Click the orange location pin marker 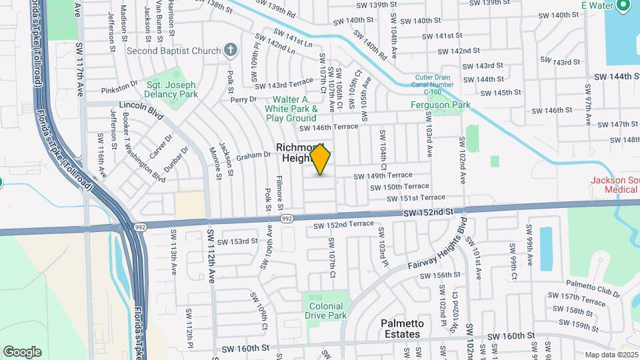point(321,159)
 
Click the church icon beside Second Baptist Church point(230,49)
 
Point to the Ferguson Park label point(440,105)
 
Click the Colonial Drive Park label point(327,311)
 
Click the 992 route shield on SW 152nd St point(287,219)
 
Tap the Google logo point(22,351)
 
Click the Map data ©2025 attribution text point(611,355)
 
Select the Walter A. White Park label point(291,107)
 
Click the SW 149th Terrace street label point(383,176)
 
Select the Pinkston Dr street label point(119,87)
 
